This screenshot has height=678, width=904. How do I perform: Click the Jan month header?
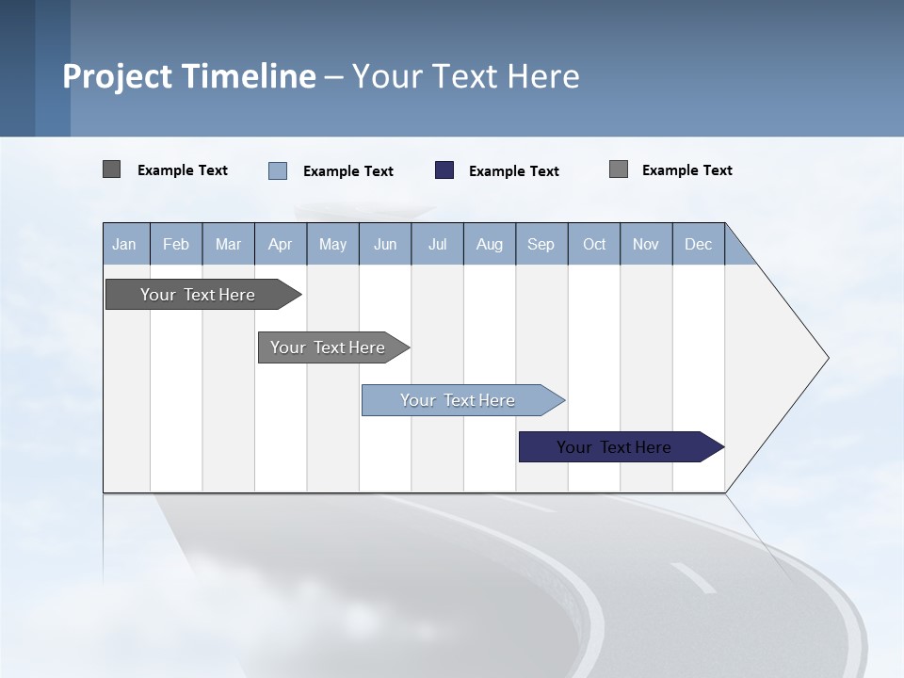(125, 244)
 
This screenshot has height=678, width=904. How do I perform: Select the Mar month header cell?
(228, 244)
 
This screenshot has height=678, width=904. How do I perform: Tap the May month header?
(332, 244)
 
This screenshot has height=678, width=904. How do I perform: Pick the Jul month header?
(437, 244)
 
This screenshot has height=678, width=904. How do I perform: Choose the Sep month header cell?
(541, 244)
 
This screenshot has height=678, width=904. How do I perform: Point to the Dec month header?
(698, 244)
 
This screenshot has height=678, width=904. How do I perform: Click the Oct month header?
(594, 244)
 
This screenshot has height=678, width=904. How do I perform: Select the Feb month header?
(176, 244)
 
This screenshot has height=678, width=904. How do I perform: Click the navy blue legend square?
(444, 170)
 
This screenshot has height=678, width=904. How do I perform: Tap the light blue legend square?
(278, 170)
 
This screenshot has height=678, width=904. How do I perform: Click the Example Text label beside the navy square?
(513, 171)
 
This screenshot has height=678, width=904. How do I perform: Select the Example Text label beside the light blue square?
(347, 171)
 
